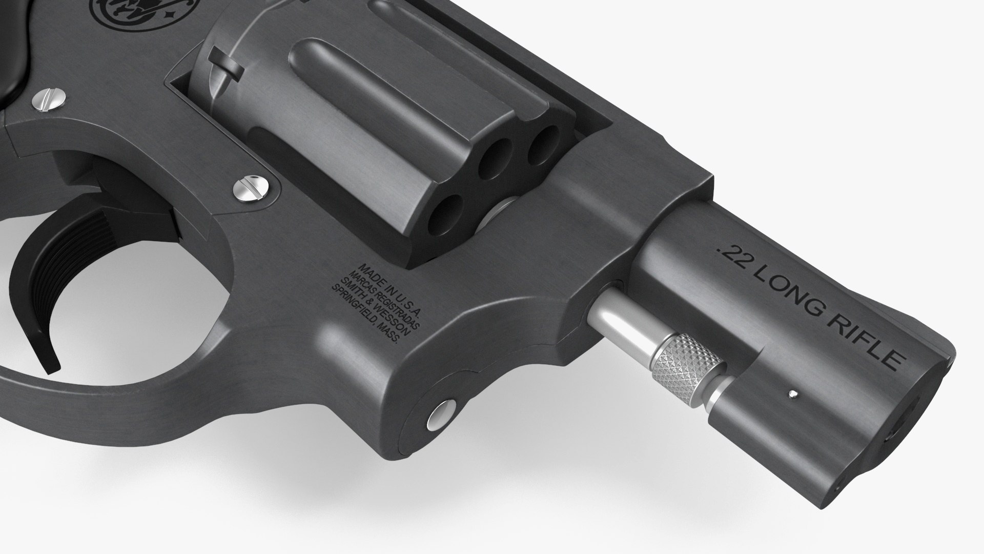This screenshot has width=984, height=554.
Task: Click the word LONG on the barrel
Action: point(787,294)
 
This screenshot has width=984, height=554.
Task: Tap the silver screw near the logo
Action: point(49,99)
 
